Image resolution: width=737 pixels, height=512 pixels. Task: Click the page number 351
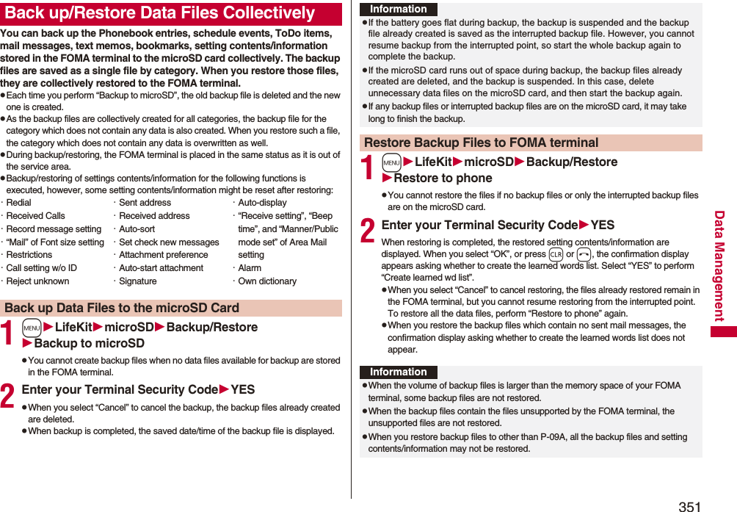click(689, 505)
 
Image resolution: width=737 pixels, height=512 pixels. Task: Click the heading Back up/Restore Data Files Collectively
click(159, 13)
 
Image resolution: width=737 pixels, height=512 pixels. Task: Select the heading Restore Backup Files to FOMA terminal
click(482, 143)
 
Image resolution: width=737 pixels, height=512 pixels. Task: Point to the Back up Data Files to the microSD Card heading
click(122, 308)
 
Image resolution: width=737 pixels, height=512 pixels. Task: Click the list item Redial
click(20, 203)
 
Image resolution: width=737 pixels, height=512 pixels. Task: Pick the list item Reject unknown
click(38, 281)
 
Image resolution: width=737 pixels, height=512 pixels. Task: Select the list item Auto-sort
click(137, 229)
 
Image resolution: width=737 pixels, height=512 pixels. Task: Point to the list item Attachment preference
click(163, 255)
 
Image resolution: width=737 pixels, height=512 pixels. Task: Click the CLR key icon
click(556, 255)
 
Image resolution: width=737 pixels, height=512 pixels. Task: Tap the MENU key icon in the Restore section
click(392, 162)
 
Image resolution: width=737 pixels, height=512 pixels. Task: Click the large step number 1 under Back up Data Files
click(8, 335)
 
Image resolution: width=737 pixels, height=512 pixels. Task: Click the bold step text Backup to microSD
click(89, 343)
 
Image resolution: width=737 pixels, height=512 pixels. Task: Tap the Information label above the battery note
click(398, 9)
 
